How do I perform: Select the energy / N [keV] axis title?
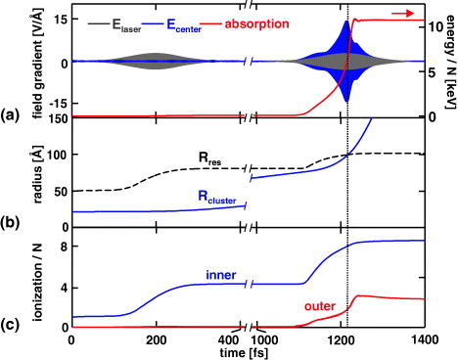[448, 61]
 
